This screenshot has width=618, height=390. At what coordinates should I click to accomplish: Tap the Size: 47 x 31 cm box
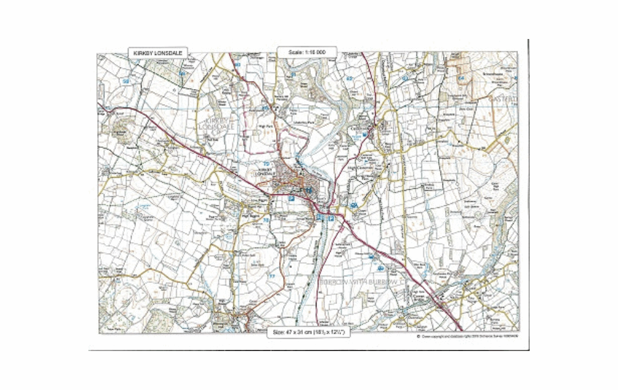pos(310,332)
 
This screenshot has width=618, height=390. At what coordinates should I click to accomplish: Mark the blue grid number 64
pos(460,79)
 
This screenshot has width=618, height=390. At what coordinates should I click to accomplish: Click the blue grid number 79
pos(266,163)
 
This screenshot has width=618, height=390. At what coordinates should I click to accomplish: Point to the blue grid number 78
pos(266,220)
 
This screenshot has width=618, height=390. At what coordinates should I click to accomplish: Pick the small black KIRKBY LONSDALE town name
pos(266,171)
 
